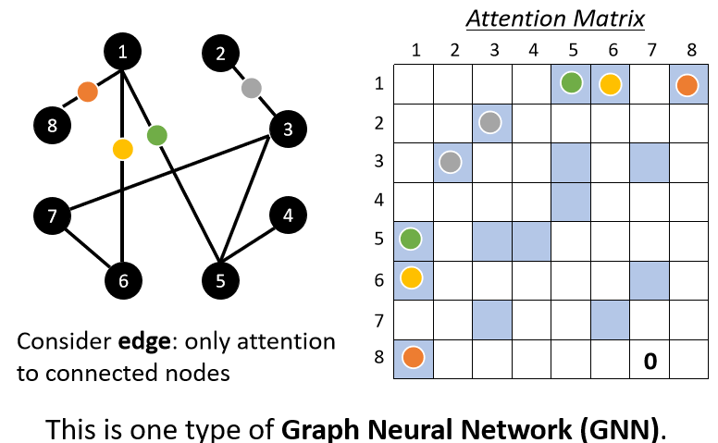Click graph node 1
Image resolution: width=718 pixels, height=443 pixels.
[122, 52]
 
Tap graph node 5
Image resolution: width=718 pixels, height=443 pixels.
[220, 278]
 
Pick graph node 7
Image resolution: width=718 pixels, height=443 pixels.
[52, 216]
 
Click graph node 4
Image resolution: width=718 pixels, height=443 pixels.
[289, 216]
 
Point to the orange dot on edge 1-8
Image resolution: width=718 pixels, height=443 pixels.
[88, 92]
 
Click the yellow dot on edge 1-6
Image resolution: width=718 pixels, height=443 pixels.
[122, 148]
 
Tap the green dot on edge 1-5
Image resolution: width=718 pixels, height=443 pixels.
[156, 135]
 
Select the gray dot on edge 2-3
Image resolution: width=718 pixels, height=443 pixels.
[250, 89]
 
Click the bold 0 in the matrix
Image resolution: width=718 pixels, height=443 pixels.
[650, 361]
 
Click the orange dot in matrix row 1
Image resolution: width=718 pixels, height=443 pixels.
[687, 85]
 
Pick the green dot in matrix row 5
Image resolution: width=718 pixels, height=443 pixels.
[412, 240]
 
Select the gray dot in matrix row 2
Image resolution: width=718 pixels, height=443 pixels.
[490, 123]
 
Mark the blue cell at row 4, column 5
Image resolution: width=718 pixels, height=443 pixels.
[570, 201]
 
